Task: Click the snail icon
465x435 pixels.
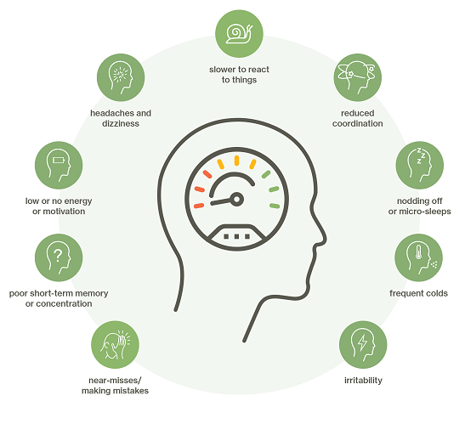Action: (x=239, y=33)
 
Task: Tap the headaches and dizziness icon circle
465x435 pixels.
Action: (x=121, y=77)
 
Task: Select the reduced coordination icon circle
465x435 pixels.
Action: (x=357, y=77)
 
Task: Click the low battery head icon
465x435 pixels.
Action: (x=59, y=165)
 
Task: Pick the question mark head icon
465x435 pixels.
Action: (x=59, y=257)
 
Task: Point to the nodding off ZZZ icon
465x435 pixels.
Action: (x=420, y=165)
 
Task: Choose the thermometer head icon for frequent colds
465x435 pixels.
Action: (x=418, y=257)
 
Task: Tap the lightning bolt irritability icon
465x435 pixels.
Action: (x=363, y=345)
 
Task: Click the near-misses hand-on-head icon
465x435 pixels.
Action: (x=115, y=345)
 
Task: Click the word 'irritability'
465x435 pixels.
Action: (x=363, y=380)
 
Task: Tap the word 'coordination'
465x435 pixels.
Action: (x=357, y=123)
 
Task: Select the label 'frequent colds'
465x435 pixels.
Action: (x=418, y=293)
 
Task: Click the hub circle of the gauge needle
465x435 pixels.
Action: (x=236, y=199)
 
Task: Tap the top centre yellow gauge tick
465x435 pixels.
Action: (x=236, y=161)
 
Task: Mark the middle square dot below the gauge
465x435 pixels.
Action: (x=236, y=236)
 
